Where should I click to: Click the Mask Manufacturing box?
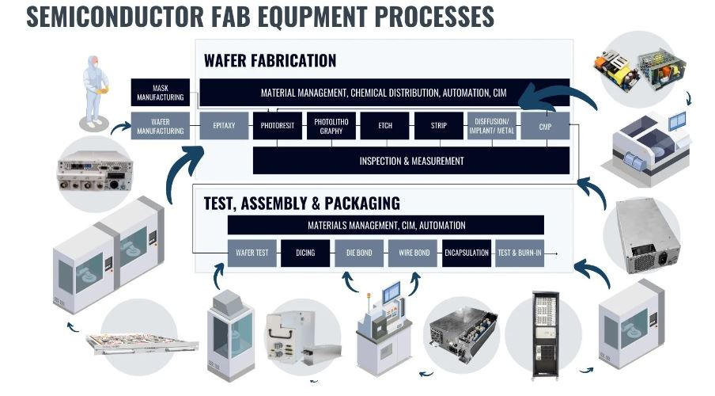tap(160, 93)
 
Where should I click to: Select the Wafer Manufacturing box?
tap(160, 126)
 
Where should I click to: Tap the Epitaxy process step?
tap(224, 126)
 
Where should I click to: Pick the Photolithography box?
tap(331, 126)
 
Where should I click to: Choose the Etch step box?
tap(385, 126)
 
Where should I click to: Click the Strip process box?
tap(439, 126)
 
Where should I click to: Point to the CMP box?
tap(546, 126)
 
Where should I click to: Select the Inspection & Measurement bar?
tap(411, 161)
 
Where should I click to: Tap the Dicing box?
tap(305, 253)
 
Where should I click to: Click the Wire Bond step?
tap(413, 253)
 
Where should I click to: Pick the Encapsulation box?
tap(467, 253)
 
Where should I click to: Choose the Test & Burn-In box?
tap(520, 253)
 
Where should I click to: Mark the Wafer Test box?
tap(252, 253)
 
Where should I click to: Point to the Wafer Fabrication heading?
tap(270, 60)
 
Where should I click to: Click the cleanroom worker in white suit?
tap(95, 91)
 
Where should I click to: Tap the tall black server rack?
tap(545, 336)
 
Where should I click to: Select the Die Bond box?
tap(359, 253)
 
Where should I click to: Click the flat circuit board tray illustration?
tap(142, 344)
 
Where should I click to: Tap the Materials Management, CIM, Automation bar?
tap(386, 225)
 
